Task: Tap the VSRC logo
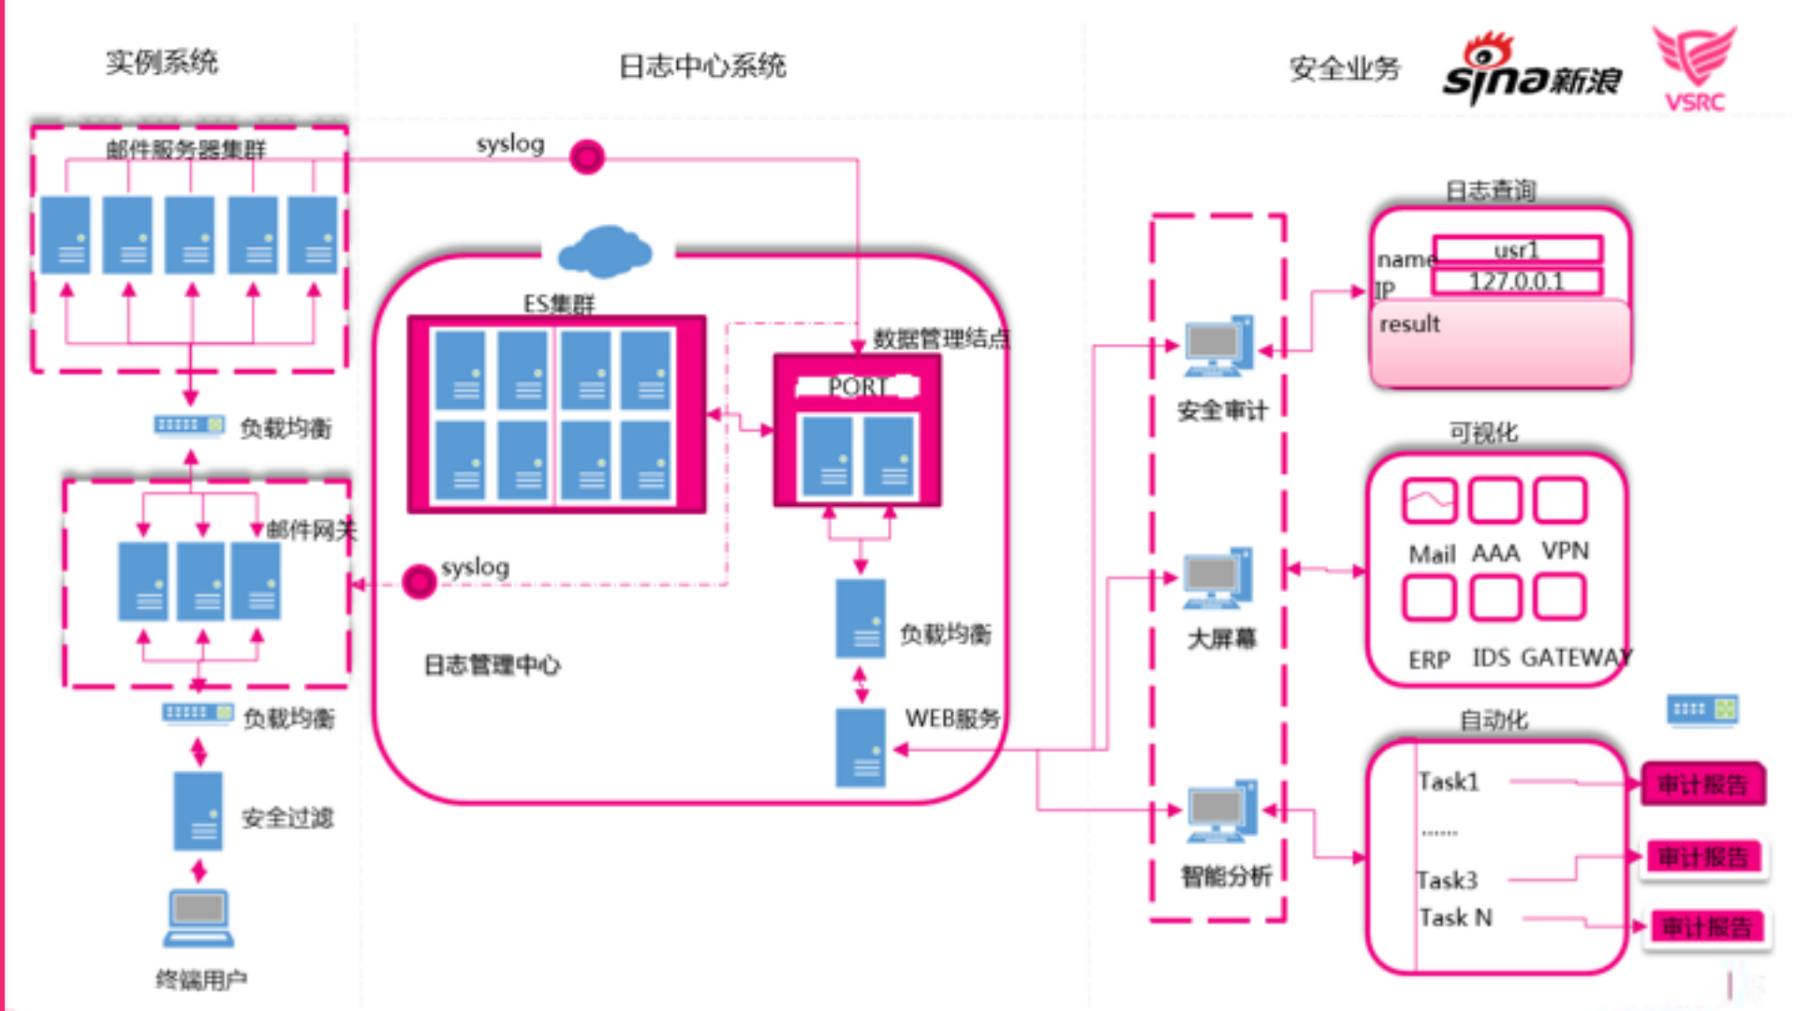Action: [1695, 67]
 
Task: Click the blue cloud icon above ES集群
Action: [605, 251]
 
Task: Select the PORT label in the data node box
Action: [856, 386]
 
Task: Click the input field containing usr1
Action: [1516, 249]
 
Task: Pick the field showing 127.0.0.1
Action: [1516, 281]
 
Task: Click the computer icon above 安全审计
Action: [1217, 346]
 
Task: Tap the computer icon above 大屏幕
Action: [1216, 578]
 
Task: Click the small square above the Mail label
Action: [1429, 500]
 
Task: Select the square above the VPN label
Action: [1560, 500]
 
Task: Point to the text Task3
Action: [1447, 880]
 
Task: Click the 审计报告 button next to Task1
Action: [1702, 784]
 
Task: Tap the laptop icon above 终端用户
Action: [199, 918]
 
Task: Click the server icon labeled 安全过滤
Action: [198, 811]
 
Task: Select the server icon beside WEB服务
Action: [860, 748]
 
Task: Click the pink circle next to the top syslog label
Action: [587, 157]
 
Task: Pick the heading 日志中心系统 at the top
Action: [702, 67]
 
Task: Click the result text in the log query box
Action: [1409, 324]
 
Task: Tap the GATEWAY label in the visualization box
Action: [1576, 658]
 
